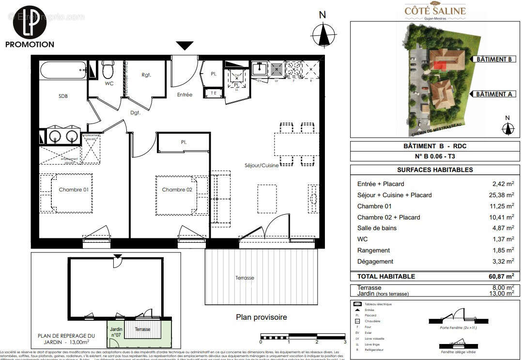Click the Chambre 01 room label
tap(74, 189)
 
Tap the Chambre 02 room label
tap(177, 189)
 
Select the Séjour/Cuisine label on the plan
tap(261, 165)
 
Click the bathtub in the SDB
tap(63, 71)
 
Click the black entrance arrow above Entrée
tap(184, 46)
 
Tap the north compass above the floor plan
tap(323, 34)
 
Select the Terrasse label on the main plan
tap(245, 278)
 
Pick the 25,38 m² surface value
tap(503, 195)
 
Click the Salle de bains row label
tap(377, 228)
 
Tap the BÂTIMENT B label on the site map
tap(493, 59)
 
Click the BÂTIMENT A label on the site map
tap(493, 94)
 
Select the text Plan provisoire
tap(261, 317)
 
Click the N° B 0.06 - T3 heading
tap(434, 156)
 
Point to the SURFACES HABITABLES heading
tap(434, 170)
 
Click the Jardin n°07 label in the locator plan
tap(116, 331)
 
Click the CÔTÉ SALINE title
tap(435, 11)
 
